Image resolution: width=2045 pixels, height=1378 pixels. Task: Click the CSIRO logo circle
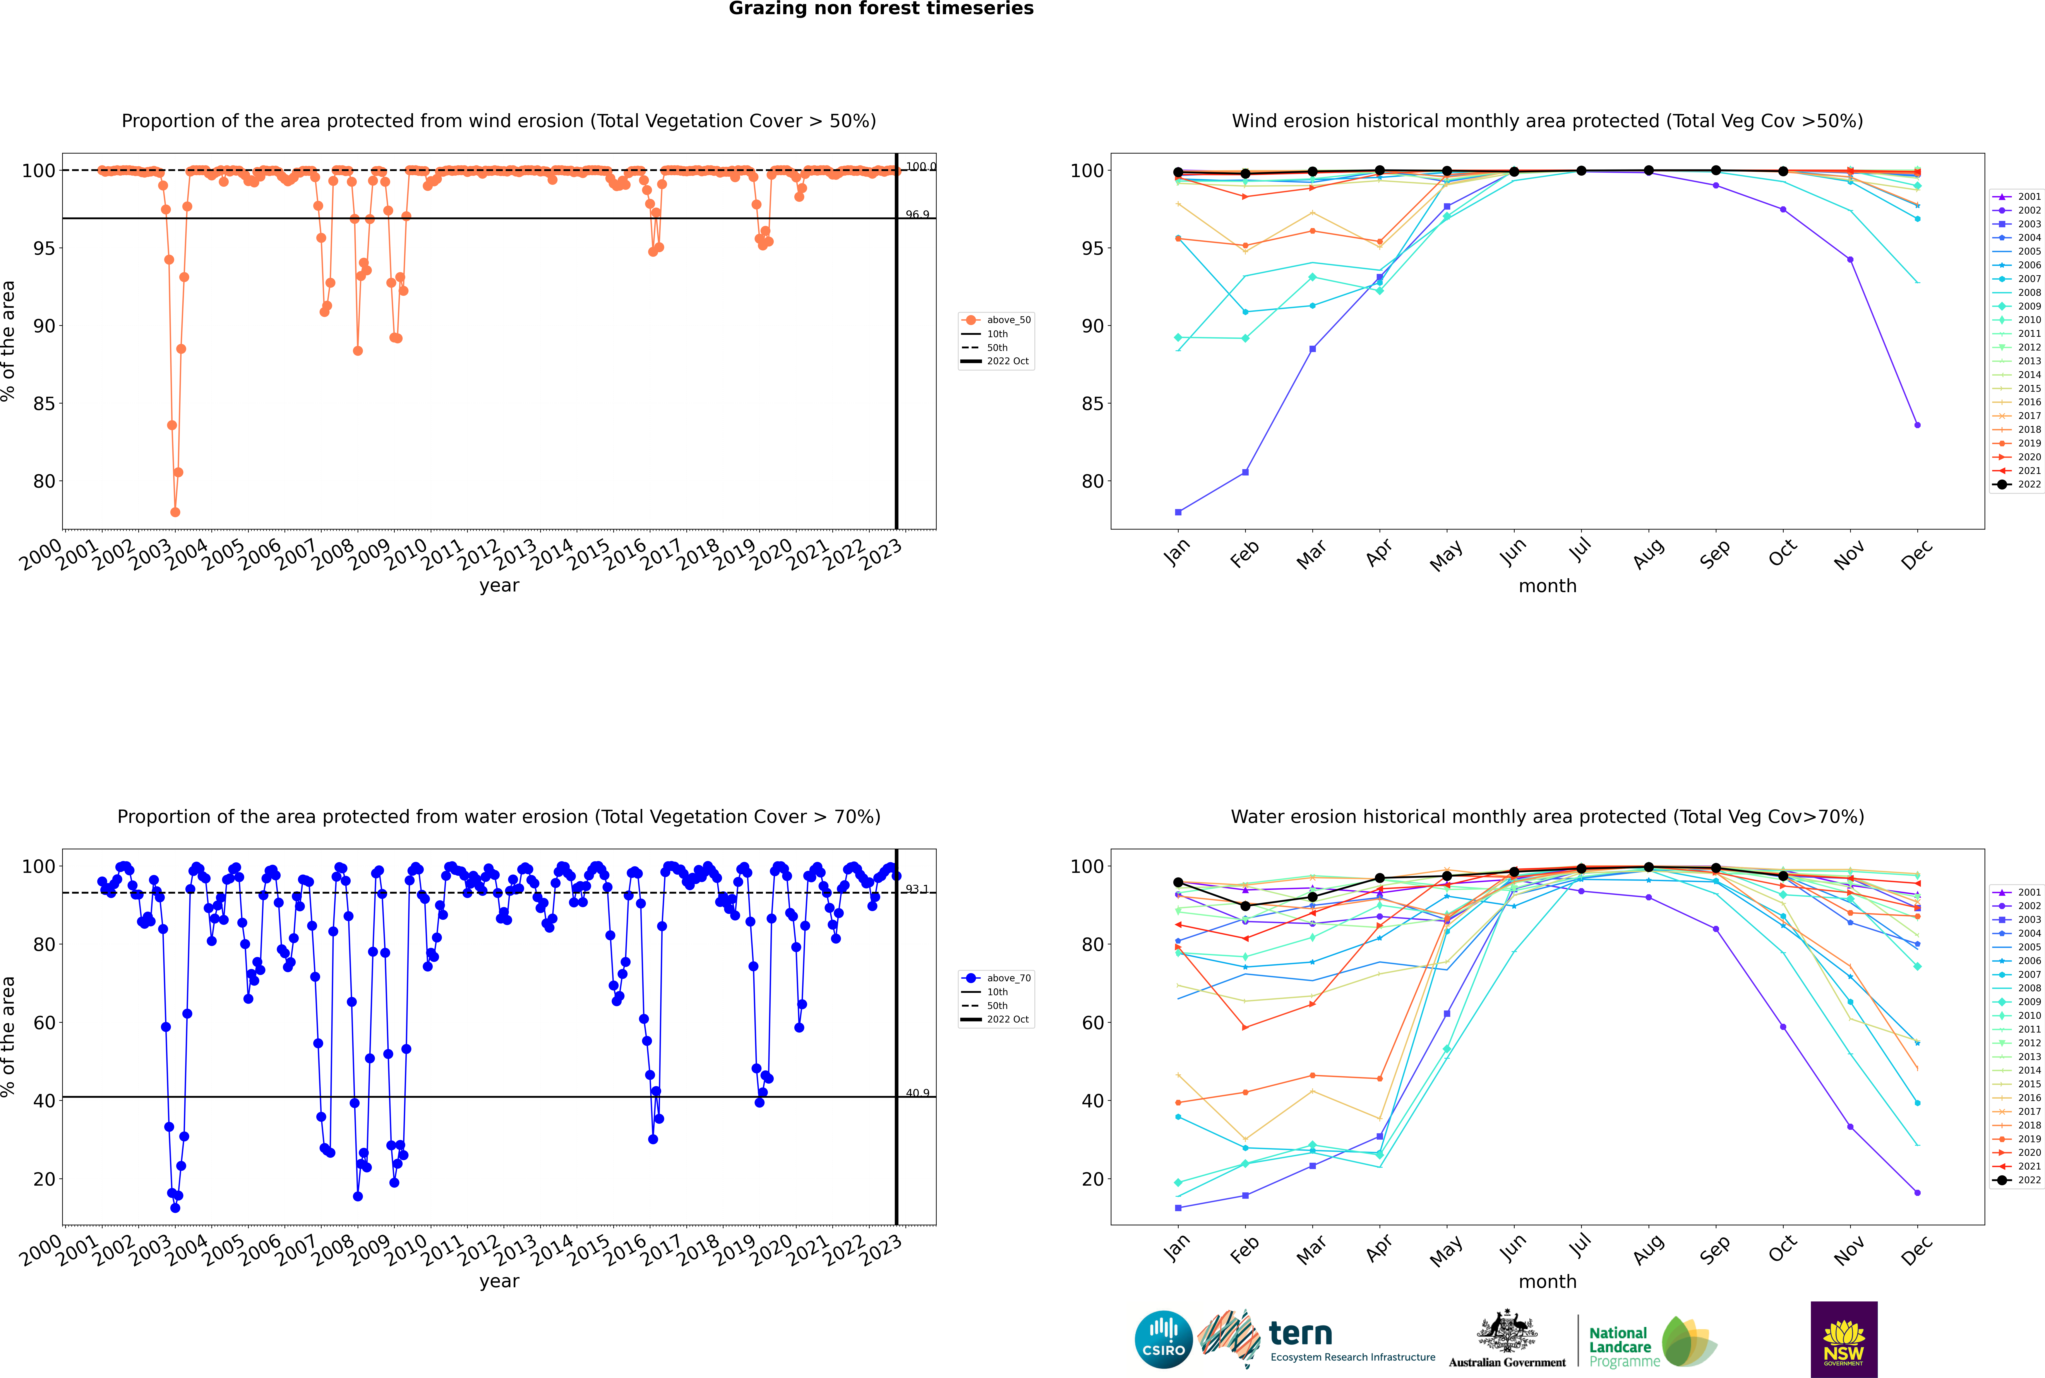[x=1163, y=1339]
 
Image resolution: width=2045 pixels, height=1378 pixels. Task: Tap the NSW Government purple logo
[x=1844, y=1339]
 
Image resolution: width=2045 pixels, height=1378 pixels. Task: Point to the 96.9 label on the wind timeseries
[x=917, y=214]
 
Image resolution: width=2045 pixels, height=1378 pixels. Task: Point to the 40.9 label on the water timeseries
[x=917, y=1093]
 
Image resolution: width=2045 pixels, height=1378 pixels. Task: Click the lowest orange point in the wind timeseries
[x=175, y=512]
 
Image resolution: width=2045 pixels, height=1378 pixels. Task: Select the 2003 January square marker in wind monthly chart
[x=1178, y=512]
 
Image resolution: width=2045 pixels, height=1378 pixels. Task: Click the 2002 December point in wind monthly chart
[x=1918, y=425]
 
